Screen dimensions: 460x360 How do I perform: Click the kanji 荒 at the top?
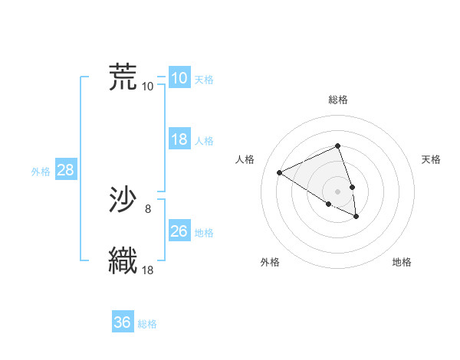click(x=123, y=77)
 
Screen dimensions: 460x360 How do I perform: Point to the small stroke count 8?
click(x=148, y=208)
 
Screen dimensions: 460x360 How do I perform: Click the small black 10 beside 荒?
click(x=148, y=86)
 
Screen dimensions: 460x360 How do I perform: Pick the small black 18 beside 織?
click(x=148, y=270)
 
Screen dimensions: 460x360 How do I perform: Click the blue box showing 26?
click(x=179, y=231)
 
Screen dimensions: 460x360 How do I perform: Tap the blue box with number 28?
click(x=65, y=170)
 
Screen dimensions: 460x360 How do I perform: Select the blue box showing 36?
click(x=122, y=322)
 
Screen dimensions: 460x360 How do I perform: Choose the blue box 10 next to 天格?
click(x=179, y=77)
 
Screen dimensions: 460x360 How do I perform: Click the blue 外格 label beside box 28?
click(x=41, y=172)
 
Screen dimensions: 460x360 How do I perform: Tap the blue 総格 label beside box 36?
click(x=147, y=324)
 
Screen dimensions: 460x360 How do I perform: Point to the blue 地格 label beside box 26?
click(x=204, y=232)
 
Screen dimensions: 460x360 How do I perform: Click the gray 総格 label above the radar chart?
click(x=338, y=100)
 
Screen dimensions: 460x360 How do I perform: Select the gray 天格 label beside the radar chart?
click(x=432, y=159)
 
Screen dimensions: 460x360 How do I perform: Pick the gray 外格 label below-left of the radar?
click(x=270, y=262)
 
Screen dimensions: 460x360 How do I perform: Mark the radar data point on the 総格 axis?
click(x=338, y=146)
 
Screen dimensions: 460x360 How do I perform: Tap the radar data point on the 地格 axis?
click(x=356, y=217)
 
